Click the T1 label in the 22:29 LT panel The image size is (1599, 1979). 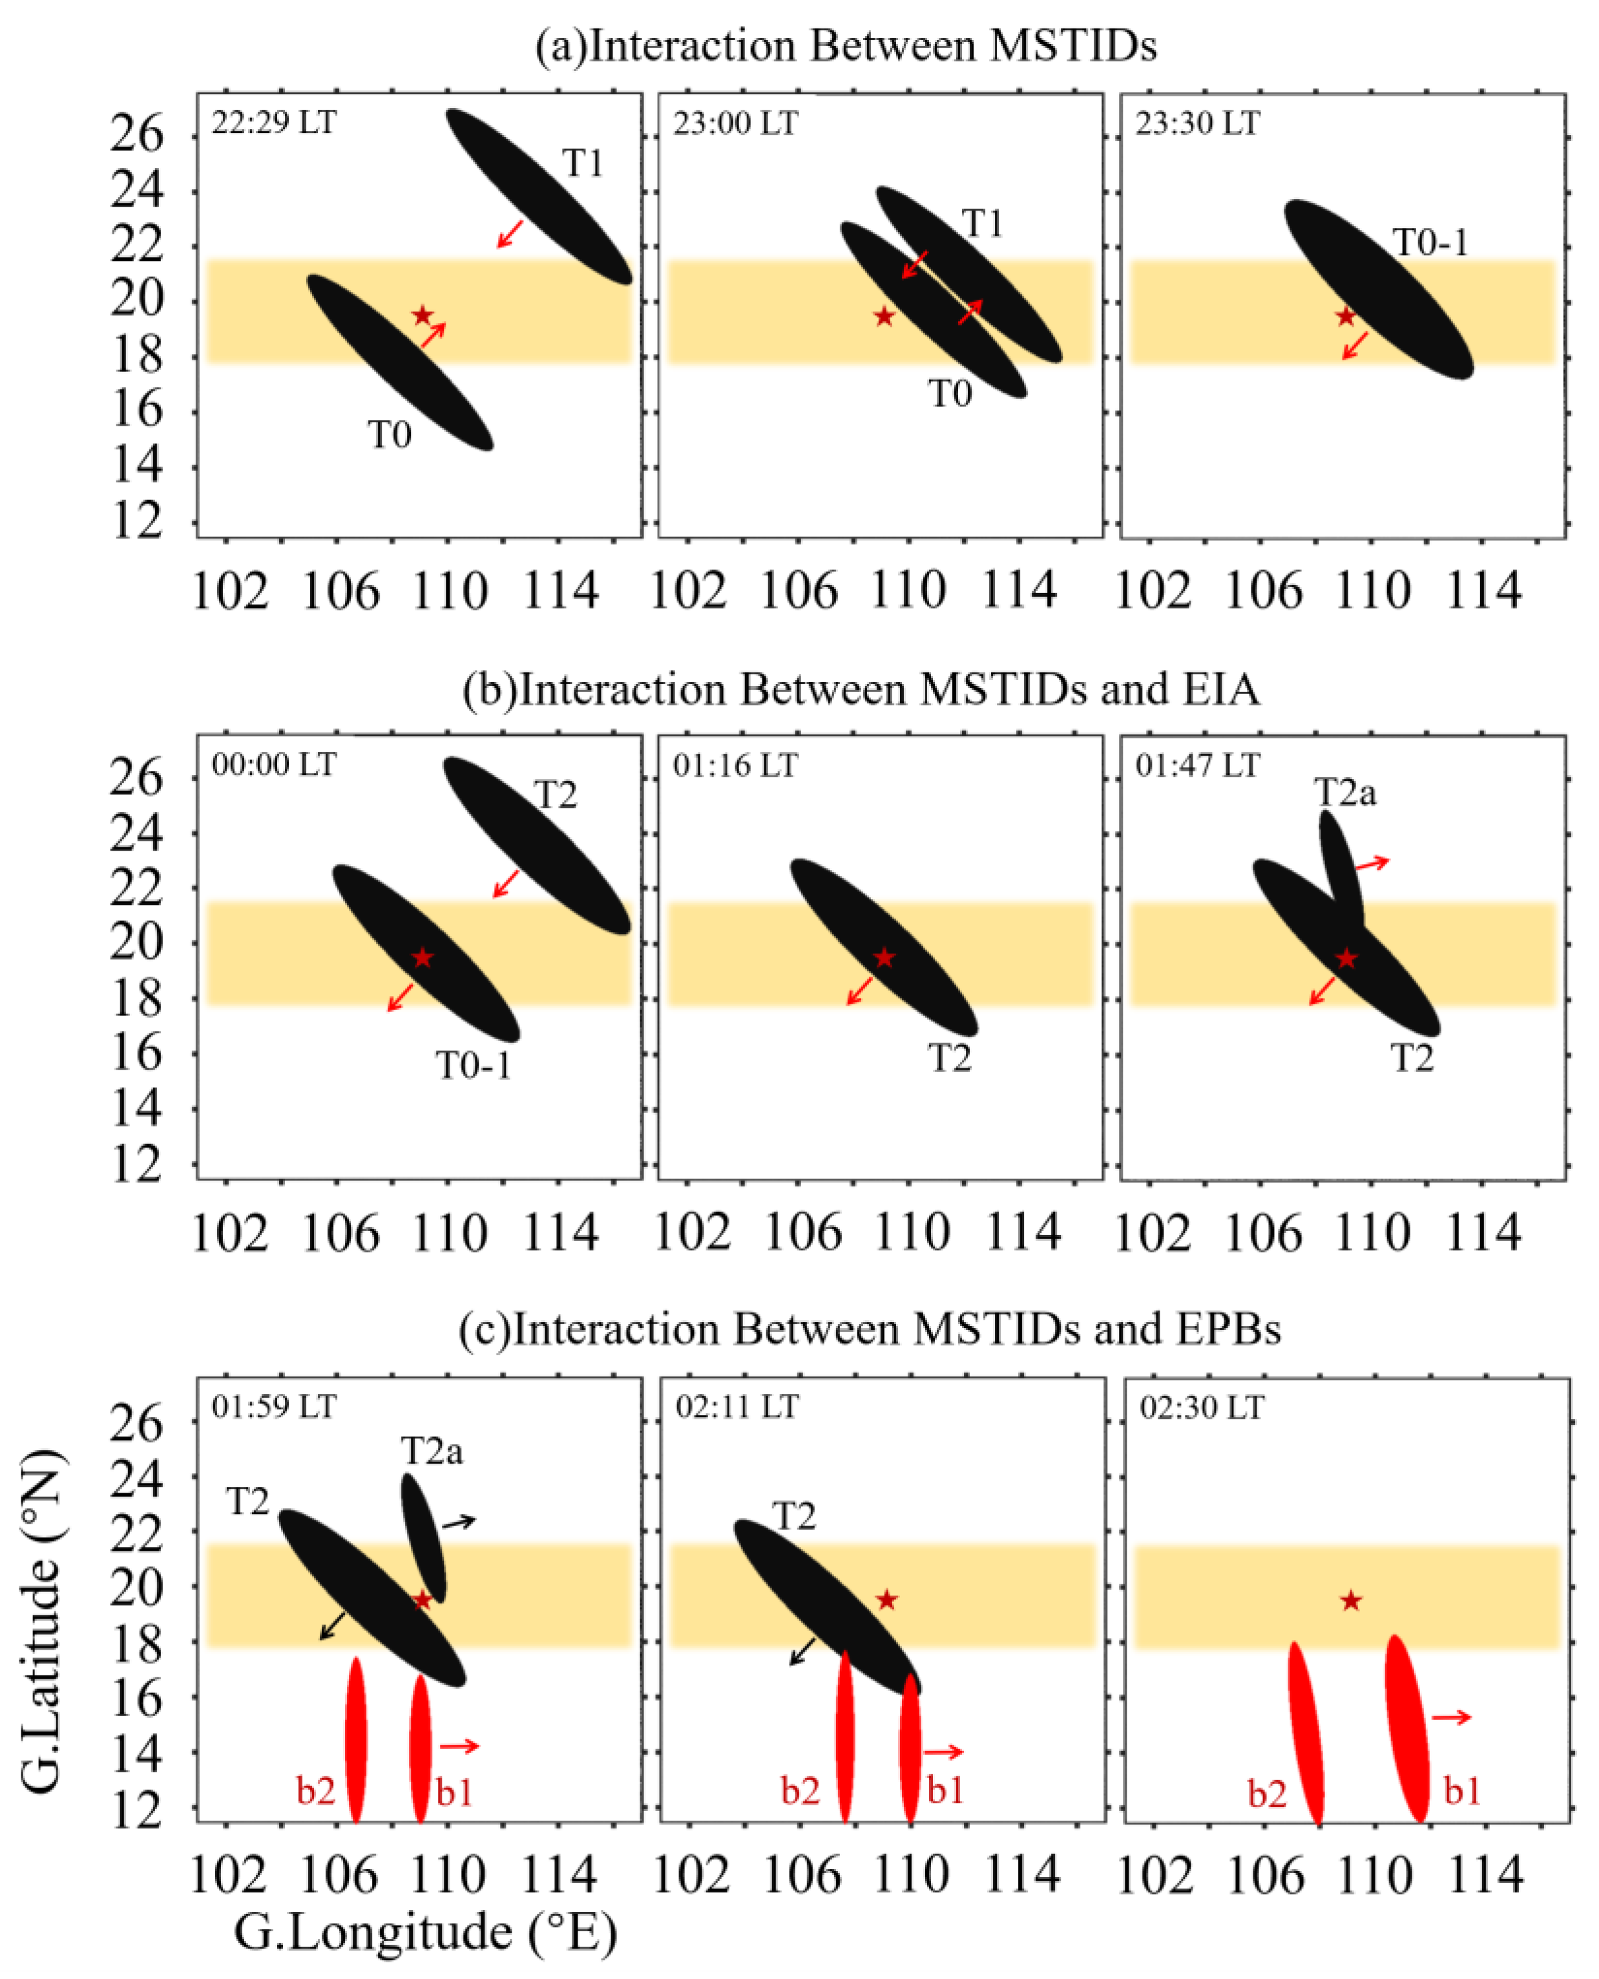point(583,164)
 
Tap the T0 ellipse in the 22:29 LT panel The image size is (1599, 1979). point(400,362)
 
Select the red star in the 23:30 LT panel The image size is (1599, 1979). point(1346,316)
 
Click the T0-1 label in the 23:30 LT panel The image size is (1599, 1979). point(1430,243)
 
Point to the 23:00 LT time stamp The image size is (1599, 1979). point(735,123)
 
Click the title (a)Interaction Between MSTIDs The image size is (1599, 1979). point(846,46)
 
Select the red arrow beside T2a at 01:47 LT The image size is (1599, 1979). point(1372,864)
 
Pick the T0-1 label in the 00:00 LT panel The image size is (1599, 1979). point(472,1066)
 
